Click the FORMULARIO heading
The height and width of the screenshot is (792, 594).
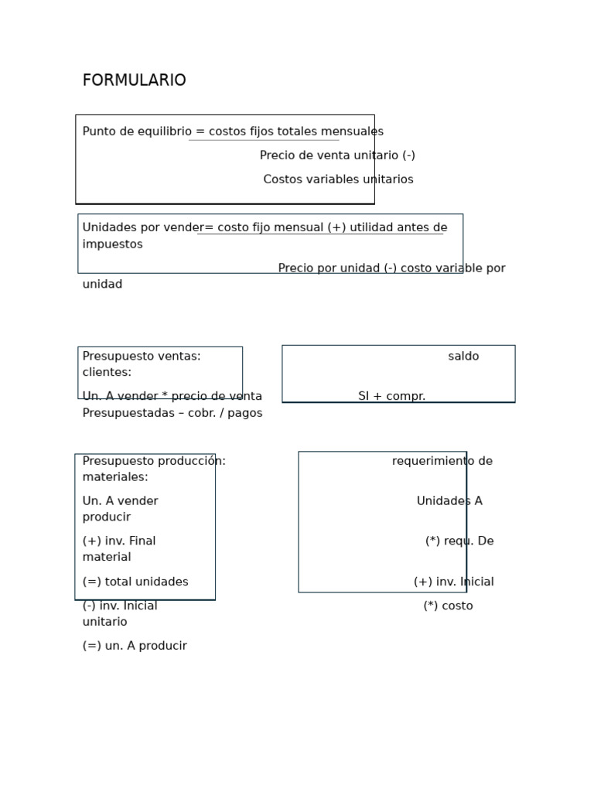(x=134, y=80)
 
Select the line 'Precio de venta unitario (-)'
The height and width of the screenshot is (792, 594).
(x=337, y=155)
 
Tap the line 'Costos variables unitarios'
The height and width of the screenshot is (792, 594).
(x=338, y=179)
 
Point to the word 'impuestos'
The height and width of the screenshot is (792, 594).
(x=112, y=244)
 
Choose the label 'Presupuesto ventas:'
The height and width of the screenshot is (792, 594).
(x=142, y=357)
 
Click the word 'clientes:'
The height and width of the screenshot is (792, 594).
(x=107, y=373)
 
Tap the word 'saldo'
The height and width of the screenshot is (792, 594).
(x=463, y=357)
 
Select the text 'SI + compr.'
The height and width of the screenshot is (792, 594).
(x=391, y=397)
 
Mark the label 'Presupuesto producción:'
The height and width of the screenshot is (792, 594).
(x=154, y=461)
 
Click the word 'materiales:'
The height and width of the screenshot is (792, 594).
(x=115, y=477)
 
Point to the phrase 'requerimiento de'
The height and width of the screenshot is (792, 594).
(x=442, y=461)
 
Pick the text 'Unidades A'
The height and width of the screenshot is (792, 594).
(x=449, y=501)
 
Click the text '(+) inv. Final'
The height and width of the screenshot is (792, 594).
(x=119, y=541)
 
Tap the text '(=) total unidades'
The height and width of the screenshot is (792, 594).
(x=135, y=582)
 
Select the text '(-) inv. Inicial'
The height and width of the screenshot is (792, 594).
(x=120, y=606)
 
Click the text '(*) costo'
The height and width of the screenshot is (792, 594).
(x=448, y=606)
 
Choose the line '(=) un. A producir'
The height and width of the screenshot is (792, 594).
(x=135, y=646)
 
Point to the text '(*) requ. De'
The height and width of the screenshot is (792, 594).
(x=459, y=541)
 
